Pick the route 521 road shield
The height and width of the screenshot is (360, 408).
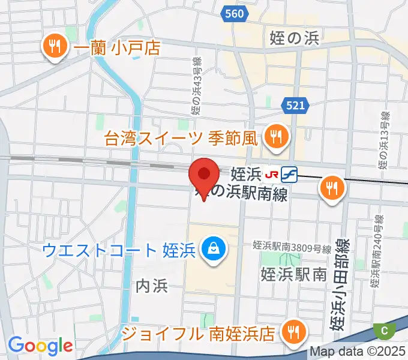pos(296,106)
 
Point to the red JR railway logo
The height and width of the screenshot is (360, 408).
pos(272,174)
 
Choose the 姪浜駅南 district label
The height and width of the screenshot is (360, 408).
pos(293,274)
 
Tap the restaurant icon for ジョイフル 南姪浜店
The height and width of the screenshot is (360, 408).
pos(293,332)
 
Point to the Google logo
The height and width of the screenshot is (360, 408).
pos(40,345)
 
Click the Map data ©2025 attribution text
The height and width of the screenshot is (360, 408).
pos(358,352)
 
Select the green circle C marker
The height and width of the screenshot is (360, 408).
pos(384,329)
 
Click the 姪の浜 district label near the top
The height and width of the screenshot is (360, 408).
pos(295,39)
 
